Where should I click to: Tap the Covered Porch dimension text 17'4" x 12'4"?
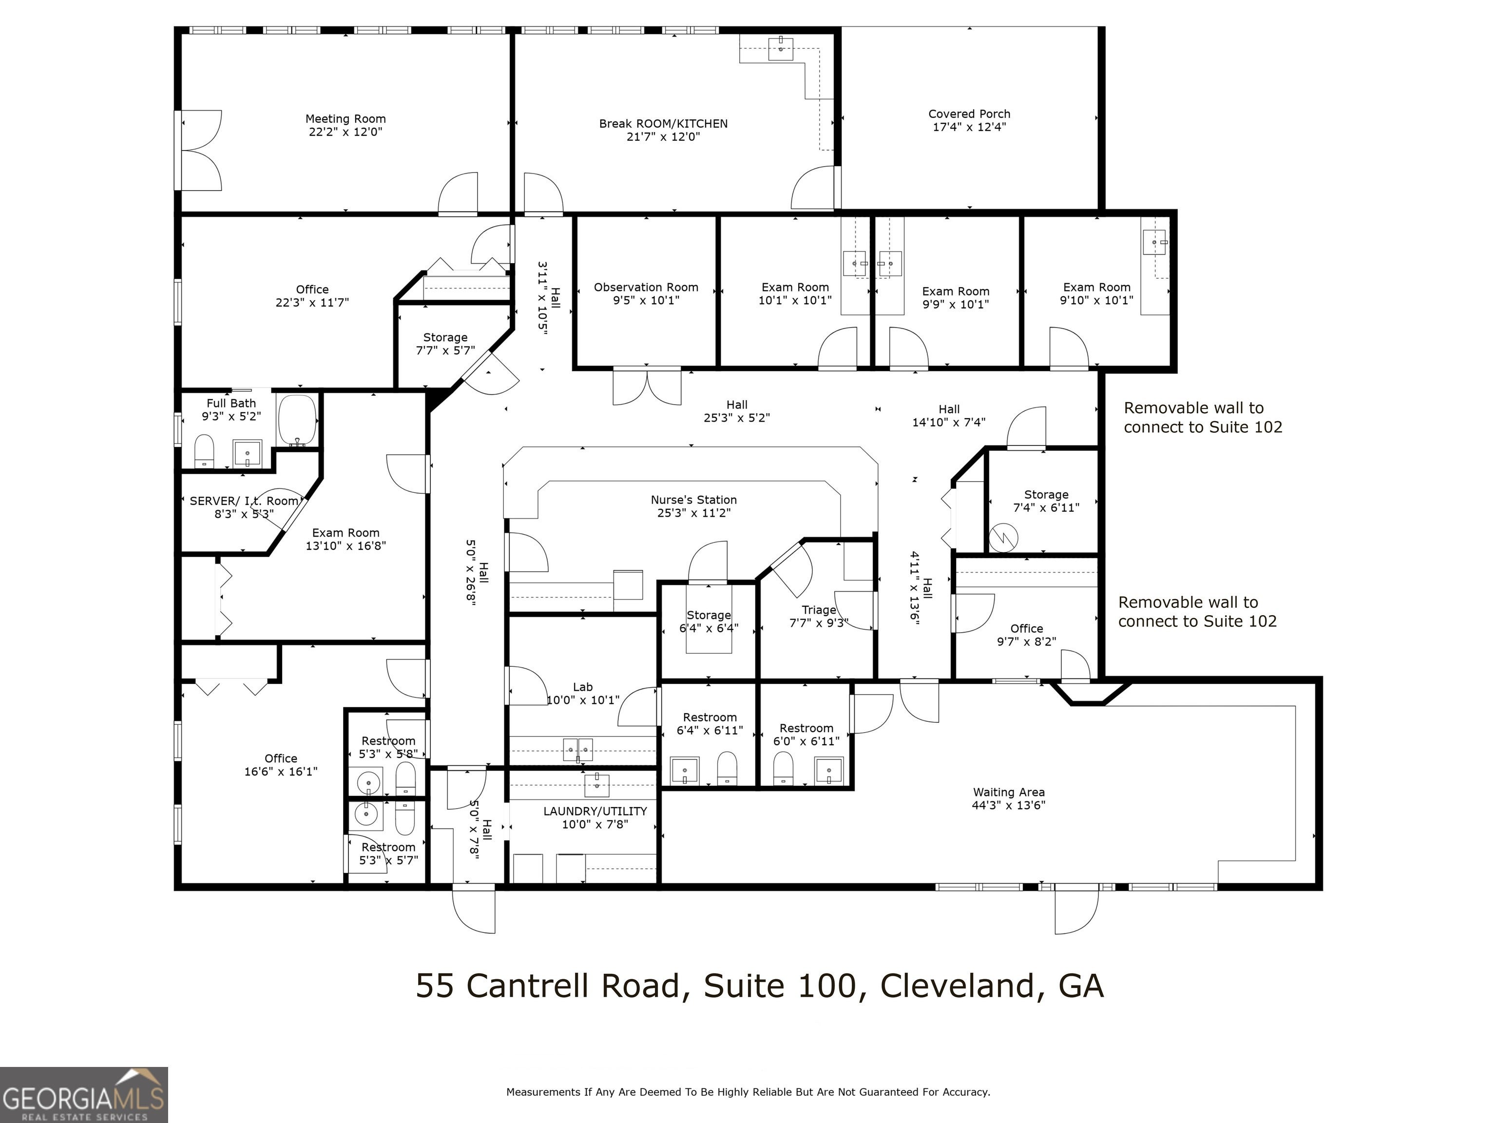tap(969, 127)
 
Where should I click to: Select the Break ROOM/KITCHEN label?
tap(663, 124)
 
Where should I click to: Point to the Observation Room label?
tap(646, 287)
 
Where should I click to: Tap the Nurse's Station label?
tap(694, 500)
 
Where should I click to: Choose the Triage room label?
tap(819, 610)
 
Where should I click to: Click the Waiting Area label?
tap(1008, 792)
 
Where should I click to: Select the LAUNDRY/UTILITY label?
tap(595, 811)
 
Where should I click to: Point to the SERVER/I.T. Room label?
tap(244, 501)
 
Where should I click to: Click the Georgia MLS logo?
tap(84, 1095)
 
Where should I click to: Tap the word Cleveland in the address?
tap(957, 986)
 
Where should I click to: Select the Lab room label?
tap(583, 687)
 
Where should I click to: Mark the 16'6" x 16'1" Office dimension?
tap(281, 771)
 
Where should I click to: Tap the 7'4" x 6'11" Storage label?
tap(1046, 501)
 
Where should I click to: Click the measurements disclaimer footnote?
tap(748, 1092)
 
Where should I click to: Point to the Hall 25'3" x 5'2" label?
tap(736, 411)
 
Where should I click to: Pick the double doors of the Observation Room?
tap(647, 386)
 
